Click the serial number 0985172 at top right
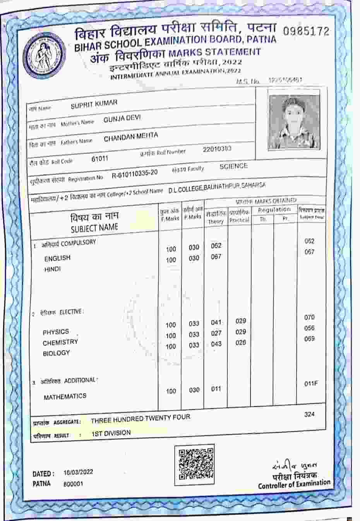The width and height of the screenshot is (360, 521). tap(306, 31)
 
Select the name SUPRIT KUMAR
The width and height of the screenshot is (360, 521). tap(94, 104)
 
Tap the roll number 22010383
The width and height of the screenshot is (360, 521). tap(217, 149)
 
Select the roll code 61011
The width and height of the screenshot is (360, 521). tap(100, 159)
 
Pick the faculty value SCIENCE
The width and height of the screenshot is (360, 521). tap(233, 166)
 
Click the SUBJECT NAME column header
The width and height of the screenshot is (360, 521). tap(94, 228)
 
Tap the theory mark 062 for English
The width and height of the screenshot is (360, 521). tap(216, 246)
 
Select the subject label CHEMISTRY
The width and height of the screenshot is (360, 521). tap(60, 343)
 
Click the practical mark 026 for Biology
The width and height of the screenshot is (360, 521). tap(240, 343)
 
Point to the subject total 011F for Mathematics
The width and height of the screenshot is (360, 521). tap(310, 384)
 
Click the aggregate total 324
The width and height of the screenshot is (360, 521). tap(309, 415)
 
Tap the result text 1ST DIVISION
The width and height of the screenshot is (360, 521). tap(111, 433)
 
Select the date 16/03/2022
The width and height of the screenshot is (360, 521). tap(78, 472)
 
